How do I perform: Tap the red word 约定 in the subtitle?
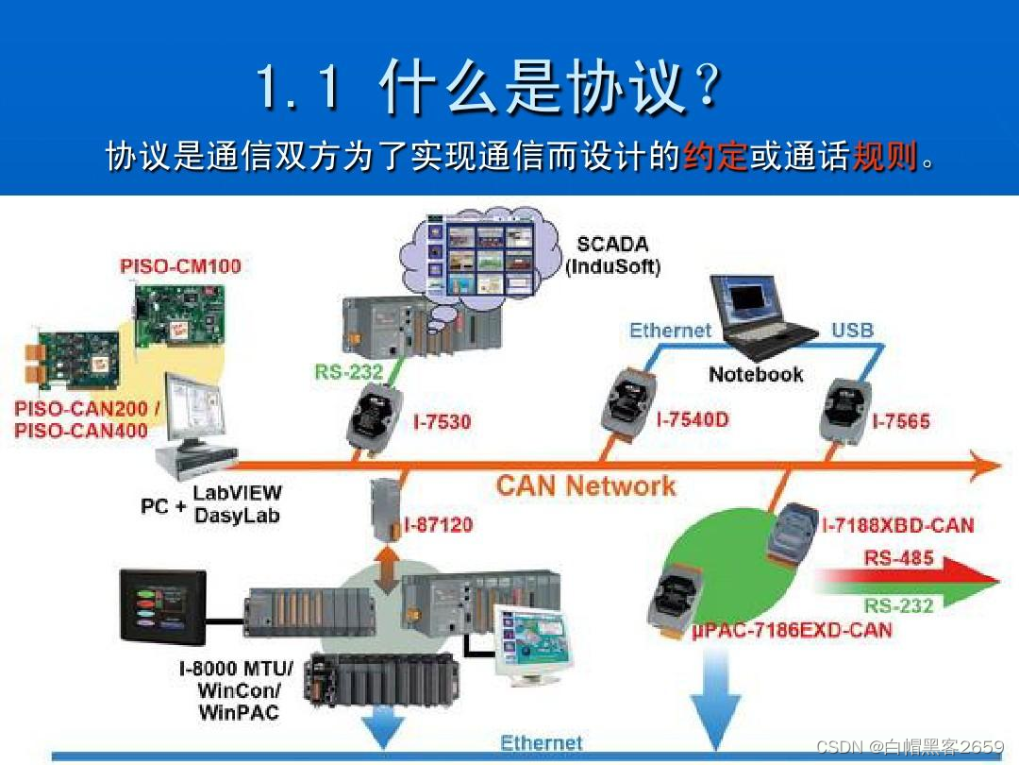(715, 157)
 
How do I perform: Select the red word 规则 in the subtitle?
(884, 157)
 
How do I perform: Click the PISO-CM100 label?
(180, 266)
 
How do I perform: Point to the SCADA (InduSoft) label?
(613, 255)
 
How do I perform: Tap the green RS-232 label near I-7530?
(349, 372)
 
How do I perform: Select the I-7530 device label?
(442, 421)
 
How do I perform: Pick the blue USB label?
(852, 331)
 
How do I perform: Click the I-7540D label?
(693, 419)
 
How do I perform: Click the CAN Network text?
(586, 486)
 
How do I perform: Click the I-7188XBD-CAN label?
(897, 525)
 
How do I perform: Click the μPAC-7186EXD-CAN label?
(793, 629)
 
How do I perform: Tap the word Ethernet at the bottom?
(542, 743)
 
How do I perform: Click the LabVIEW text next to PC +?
(237, 493)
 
